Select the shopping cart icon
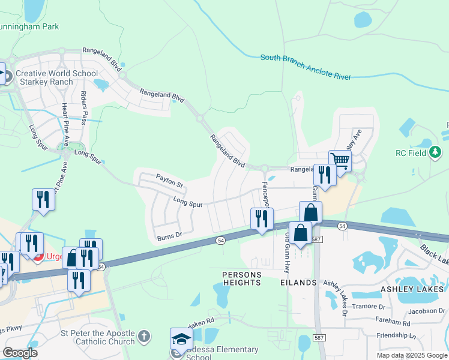[340, 160]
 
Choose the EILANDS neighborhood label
[298, 282]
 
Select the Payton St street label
[169, 178]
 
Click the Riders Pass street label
[85, 106]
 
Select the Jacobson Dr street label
[426, 311]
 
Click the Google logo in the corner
[20, 352]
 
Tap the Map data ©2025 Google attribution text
[411, 355]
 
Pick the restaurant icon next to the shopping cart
[323, 176]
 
